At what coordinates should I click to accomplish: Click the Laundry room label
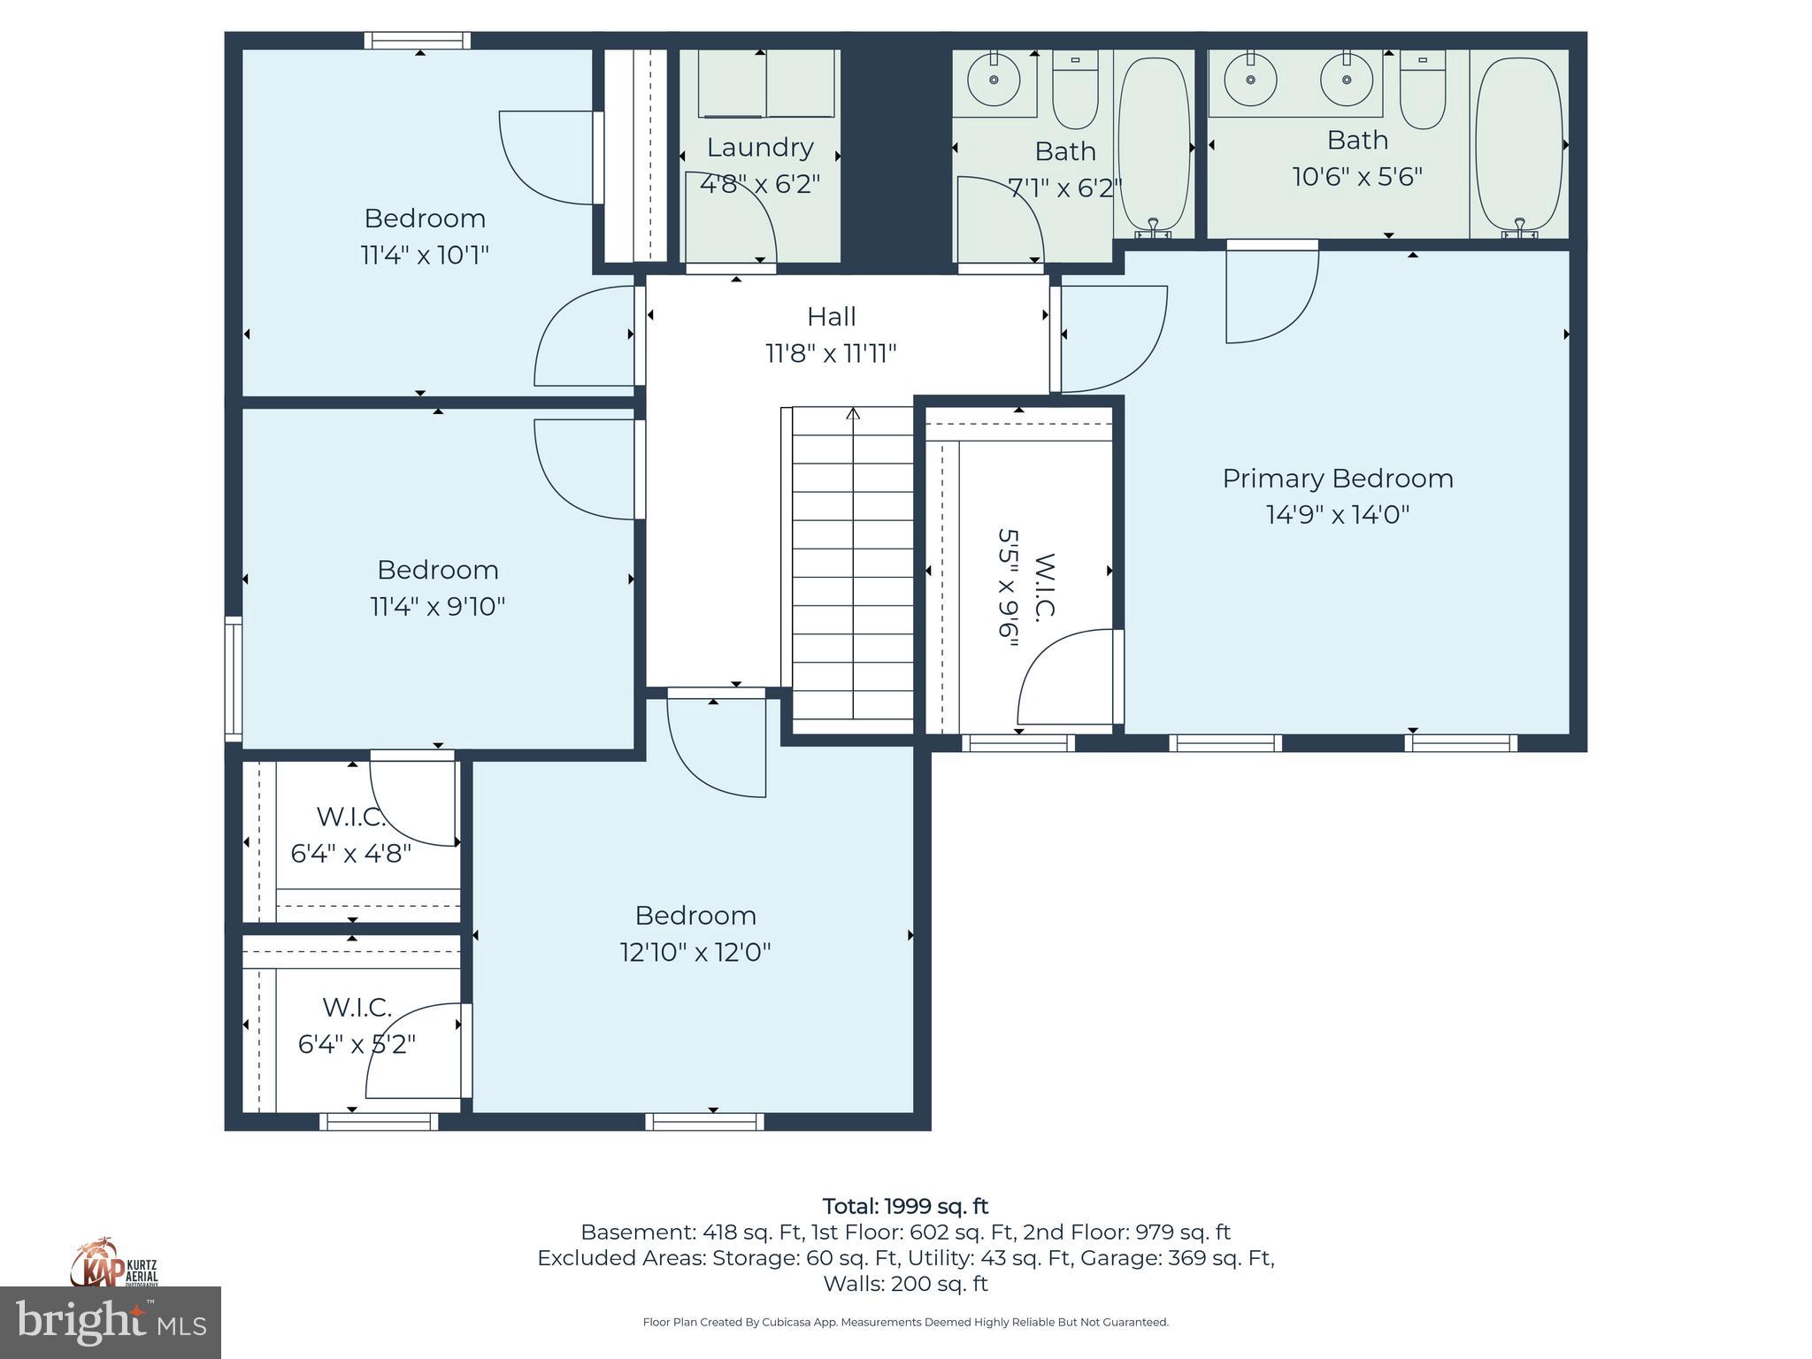pyautogui.click(x=760, y=147)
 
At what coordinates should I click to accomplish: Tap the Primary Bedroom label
pyautogui.click(x=1338, y=479)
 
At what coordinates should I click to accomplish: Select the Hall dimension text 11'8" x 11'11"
pyautogui.click(x=831, y=354)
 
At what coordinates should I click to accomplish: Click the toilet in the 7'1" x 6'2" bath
pyautogui.click(x=1075, y=89)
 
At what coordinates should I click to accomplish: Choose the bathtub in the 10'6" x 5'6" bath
pyautogui.click(x=1519, y=144)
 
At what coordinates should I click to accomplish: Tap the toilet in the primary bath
pyautogui.click(x=1423, y=89)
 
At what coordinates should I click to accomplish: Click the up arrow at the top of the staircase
pyautogui.click(x=853, y=413)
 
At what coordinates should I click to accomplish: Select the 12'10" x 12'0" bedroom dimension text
pyautogui.click(x=695, y=953)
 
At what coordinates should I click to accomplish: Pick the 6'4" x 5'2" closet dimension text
pyautogui.click(x=357, y=1045)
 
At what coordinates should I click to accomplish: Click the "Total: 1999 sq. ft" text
pyautogui.click(x=905, y=1206)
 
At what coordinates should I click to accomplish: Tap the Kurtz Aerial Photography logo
pyautogui.click(x=113, y=1264)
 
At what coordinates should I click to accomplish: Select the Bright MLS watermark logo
pyautogui.click(x=111, y=1322)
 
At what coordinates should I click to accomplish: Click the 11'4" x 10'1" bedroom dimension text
pyautogui.click(x=425, y=256)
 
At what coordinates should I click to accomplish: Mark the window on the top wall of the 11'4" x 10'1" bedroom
pyautogui.click(x=418, y=41)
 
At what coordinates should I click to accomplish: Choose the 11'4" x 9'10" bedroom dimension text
pyautogui.click(x=437, y=607)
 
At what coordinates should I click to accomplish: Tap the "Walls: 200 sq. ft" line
pyautogui.click(x=905, y=1284)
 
